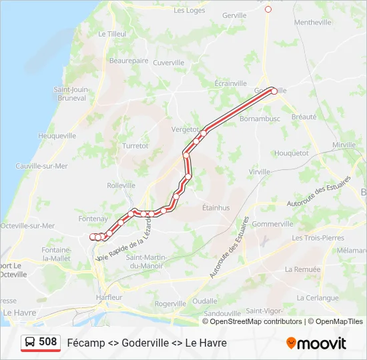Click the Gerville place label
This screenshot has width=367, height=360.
(234, 15)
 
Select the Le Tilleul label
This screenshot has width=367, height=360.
(111, 34)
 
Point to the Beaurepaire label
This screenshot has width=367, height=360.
(129, 61)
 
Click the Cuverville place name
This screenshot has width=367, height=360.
(168, 63)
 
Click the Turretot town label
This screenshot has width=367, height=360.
(135, 145)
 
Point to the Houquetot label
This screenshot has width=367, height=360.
(292, 153)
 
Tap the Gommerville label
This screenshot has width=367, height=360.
(273, 224)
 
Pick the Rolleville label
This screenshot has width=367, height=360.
(121, 185)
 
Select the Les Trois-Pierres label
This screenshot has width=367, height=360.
(318, 238)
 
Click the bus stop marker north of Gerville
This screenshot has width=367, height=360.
(268, 9)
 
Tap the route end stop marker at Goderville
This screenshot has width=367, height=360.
(274, 91)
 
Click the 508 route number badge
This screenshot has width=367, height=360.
(41, 343)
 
